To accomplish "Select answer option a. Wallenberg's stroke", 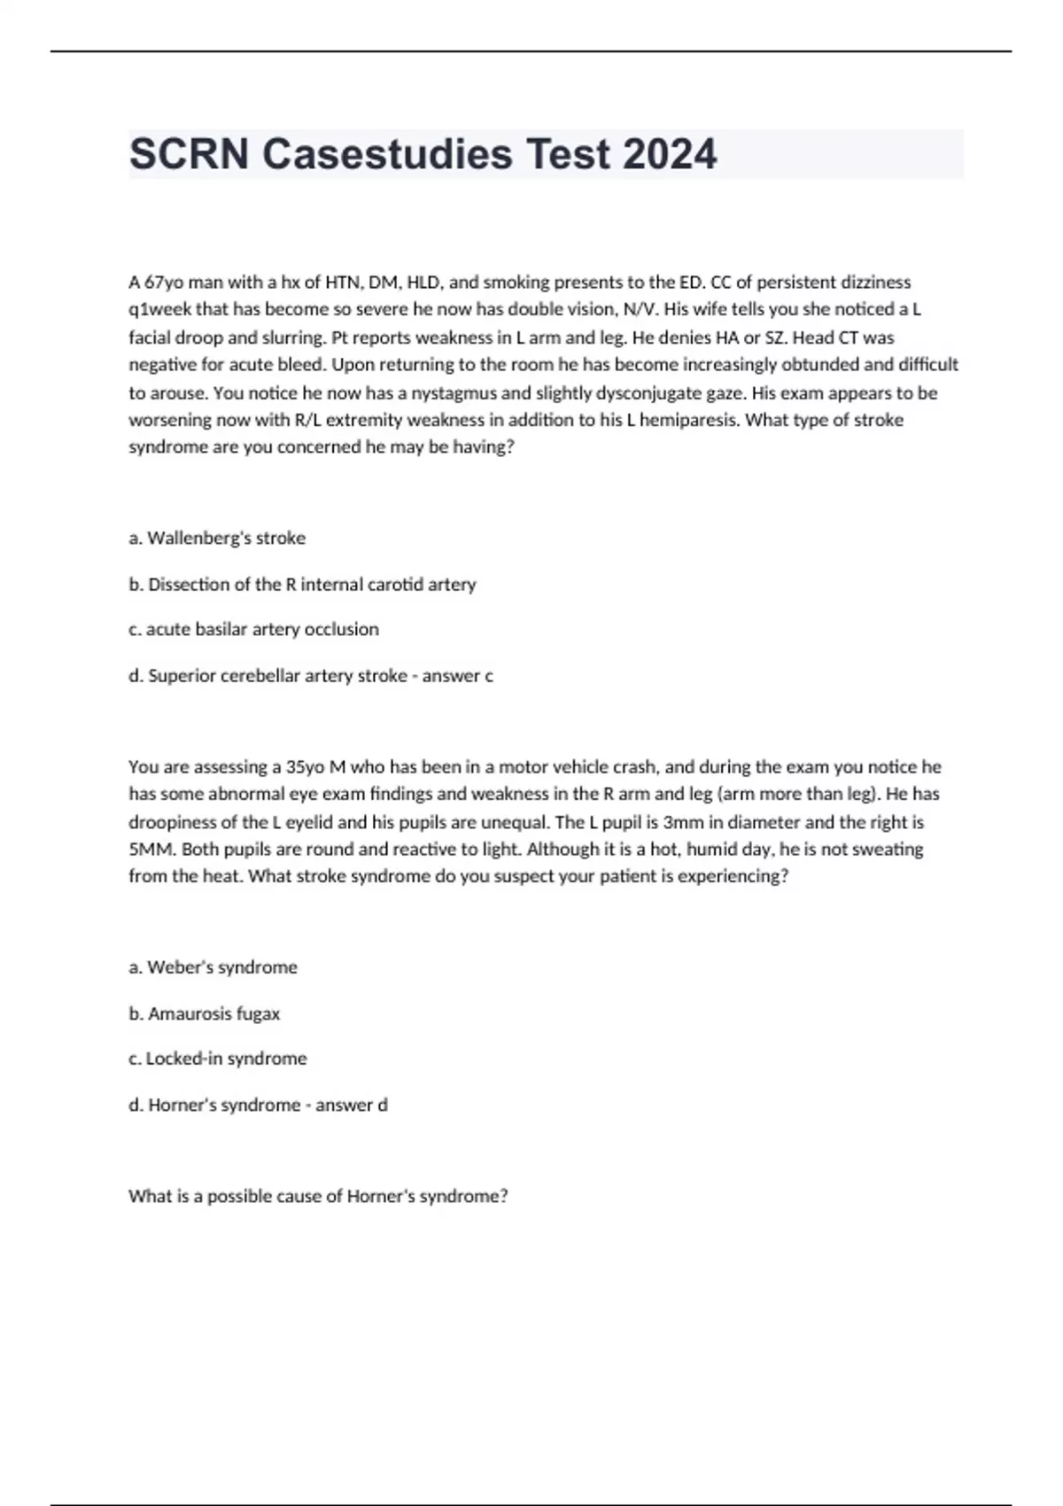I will (x=217, y=538).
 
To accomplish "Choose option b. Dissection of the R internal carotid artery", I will (x=302, y=585).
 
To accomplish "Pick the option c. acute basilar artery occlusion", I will (x=253, y=629).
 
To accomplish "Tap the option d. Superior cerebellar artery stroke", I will (x=268, y=676).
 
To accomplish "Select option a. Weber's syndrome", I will (x=213, y=967).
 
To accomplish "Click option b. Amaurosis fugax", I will (x=204, y=1013).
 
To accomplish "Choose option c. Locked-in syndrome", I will (x=217, y=1059).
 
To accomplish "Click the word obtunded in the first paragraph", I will (x=819, y=364).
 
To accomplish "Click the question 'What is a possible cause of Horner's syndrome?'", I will (x=318, y=1196).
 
